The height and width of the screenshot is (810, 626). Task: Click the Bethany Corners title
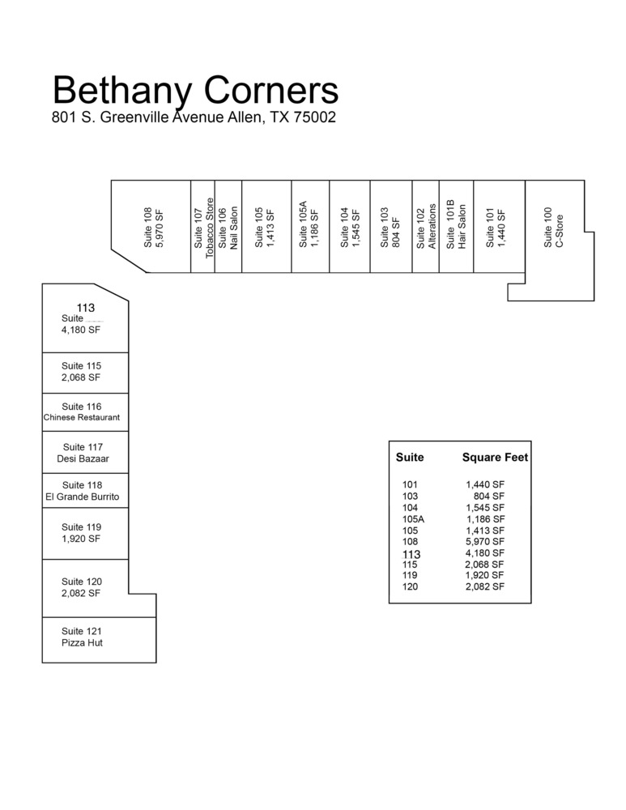(x=195, y=91)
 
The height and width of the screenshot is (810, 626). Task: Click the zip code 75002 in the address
(x=314, y=117)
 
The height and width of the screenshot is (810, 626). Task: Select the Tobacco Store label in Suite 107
(x=209, y=228)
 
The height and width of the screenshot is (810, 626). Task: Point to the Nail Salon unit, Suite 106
(x=228, y=226)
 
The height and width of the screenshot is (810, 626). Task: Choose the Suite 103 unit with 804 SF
(x=391, y=226)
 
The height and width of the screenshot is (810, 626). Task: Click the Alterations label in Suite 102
(x=432, y=226)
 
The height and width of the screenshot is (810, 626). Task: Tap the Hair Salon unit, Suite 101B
(x=456, y=226)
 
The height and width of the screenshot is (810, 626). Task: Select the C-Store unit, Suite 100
(x=555, y=228)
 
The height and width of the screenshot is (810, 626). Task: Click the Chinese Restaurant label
(x=82, y=417)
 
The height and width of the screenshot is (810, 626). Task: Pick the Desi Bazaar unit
(x=85, y=452)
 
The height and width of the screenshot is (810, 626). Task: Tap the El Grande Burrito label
(x=83, y=497)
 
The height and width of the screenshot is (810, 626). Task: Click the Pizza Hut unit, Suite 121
(x=99, y=640)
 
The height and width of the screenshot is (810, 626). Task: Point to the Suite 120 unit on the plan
(x=85, y=588)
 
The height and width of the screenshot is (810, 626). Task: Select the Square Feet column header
(x=495, y=457)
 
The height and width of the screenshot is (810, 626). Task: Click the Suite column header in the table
(x=410, y=457)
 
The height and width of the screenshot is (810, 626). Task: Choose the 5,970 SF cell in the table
(x=485, y=541)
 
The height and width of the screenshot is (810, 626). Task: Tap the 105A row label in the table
(x=413, y=519)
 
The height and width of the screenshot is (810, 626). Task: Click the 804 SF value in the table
(x=489, y=496)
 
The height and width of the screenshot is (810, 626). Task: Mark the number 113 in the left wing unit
(x=86, y=308)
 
